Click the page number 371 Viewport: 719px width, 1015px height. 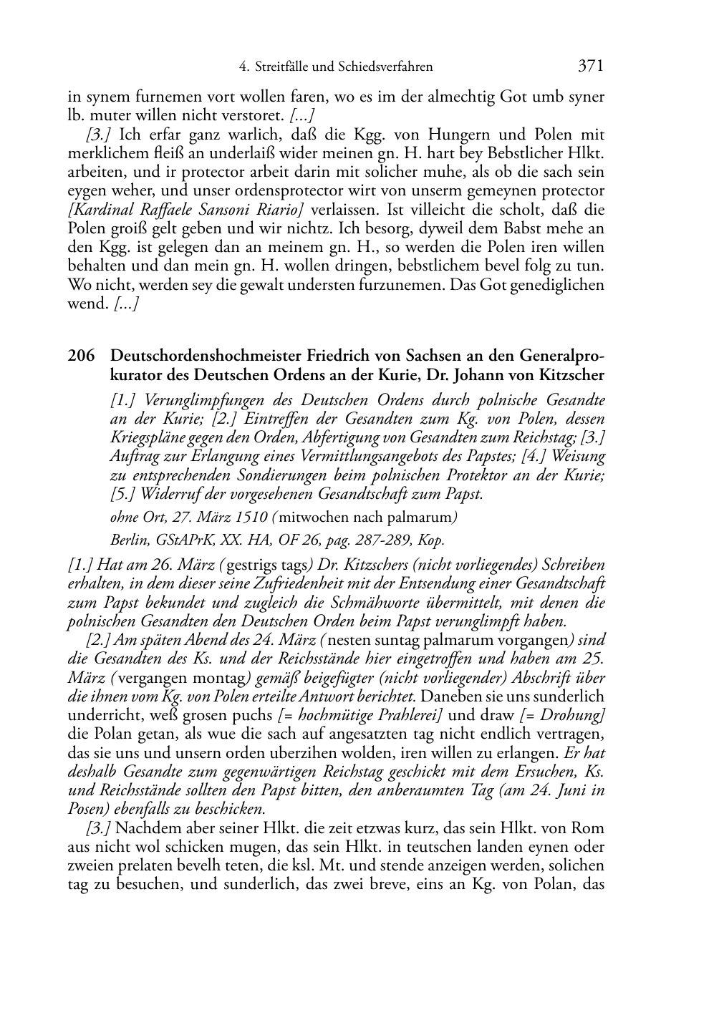590,67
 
